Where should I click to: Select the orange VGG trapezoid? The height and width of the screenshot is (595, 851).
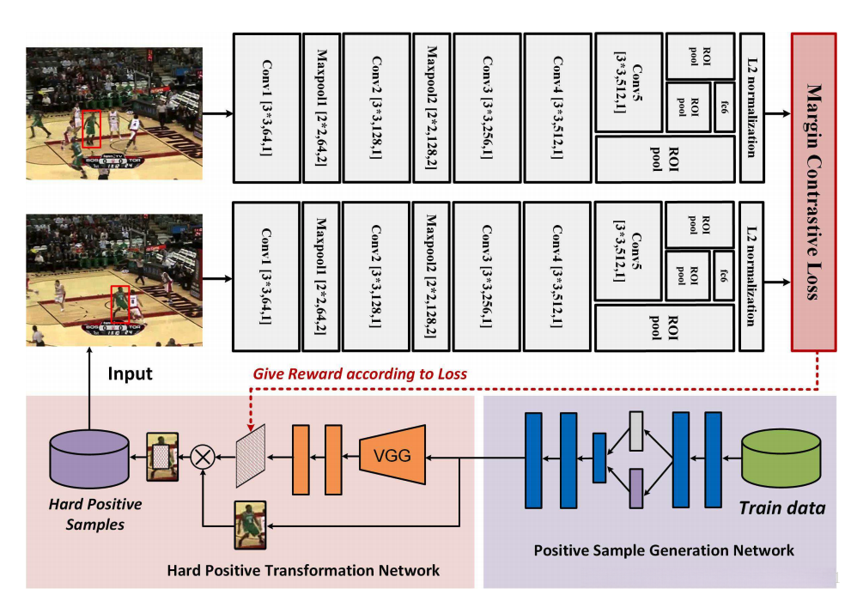tap(390, 456)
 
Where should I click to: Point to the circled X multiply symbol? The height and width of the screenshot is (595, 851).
tap(204, 457)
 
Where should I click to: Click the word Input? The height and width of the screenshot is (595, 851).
tap(130, 373)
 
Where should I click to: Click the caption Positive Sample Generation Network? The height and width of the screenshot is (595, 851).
tap(664, 549)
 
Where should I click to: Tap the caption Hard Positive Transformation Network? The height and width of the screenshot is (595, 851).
tap(303, 569)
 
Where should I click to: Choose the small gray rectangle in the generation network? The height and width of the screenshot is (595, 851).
tap(635, 431)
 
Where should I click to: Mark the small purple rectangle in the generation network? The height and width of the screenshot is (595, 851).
tap(635, 488)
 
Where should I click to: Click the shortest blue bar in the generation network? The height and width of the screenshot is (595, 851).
tap(599, 458)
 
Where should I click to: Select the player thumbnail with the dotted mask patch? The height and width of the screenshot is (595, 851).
tap(162, 456)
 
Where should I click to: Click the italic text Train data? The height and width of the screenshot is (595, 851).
tap(782, 508)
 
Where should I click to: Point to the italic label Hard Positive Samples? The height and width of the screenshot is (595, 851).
tap(94, 513)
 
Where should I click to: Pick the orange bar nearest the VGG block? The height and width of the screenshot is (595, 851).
tap(333, 456)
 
